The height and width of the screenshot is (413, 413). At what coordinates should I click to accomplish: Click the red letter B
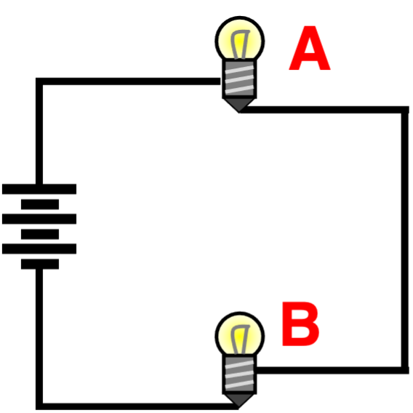pyautogui.click(x=300, y=324)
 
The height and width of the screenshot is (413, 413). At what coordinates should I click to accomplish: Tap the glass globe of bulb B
pyautogui.click(x=240, y=335)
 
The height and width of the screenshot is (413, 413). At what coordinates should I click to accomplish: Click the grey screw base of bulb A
pyautogui.click(x=239, y=79)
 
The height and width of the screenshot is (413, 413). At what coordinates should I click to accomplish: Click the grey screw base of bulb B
pyautogui.click(x=239, y=374)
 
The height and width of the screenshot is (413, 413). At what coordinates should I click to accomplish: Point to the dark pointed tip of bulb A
pyautogui.click(x=239, y=105)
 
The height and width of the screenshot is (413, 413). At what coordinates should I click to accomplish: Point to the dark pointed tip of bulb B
pyautogui.click(x=239, y=401)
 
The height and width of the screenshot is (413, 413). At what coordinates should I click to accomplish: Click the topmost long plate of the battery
pyautogui.click(x=39, y=189)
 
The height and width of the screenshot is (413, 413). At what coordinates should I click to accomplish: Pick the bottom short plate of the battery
pyautogui.click(x=40, y=264)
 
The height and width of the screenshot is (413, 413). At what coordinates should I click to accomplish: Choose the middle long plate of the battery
pyautogui.click(x=39, y=219)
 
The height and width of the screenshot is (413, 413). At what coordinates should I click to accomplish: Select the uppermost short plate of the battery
pyautogui.click(x=40, y=204)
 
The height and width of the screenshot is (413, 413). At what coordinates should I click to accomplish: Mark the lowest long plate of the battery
pyautogui.click(x=39, y=249)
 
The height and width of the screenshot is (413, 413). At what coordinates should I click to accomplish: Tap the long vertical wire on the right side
pyautogui.click(x=405, y=240)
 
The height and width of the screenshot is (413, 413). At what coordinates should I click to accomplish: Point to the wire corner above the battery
pyautogui.click(x=39, y=81)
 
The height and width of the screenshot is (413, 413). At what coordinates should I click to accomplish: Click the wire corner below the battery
pyautogui.click(x=39, y=406)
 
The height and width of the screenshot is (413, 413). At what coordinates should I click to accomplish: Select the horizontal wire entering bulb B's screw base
pyautogui.click(x=332, y=370)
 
